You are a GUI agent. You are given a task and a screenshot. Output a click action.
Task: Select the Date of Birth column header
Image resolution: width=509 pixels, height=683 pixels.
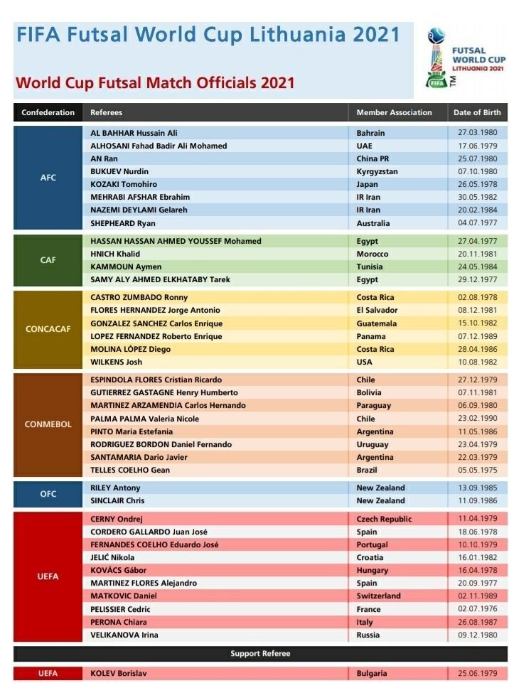pos(477,112)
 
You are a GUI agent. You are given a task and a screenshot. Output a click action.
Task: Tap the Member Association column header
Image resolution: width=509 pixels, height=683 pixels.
pos(394,112)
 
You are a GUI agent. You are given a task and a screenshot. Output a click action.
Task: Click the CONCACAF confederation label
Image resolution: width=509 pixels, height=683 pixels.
pos(48,329)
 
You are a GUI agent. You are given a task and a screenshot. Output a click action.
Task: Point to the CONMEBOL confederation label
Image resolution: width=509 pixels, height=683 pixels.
pos(48,424)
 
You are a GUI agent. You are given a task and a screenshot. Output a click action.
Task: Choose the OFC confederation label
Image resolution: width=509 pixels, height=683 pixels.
pos(48,494)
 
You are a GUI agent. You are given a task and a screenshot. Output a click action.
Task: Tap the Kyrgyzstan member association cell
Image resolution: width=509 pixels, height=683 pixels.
pos(377,171)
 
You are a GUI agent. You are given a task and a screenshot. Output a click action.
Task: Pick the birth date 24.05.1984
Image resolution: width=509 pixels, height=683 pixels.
pos(478,267)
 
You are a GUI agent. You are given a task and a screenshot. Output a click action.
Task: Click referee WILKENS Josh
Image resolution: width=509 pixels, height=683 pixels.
pos(117,362)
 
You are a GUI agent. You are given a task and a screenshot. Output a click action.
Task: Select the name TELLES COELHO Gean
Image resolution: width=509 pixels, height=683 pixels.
pos(129,470)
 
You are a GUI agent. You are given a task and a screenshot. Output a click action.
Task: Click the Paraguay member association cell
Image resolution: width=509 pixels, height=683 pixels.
pos(374,405)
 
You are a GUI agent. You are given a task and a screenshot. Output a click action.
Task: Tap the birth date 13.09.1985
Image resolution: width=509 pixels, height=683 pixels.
pos(478,488)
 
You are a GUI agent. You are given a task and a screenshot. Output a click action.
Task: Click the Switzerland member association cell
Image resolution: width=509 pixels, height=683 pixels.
pos(378,596)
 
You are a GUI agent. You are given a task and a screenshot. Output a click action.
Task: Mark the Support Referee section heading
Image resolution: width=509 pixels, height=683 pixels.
pos(260,653)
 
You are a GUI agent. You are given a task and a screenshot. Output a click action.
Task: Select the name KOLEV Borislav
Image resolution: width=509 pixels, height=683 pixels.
pos(119,673)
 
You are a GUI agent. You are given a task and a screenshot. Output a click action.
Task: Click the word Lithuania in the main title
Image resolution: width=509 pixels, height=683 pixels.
pos(278,34)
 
